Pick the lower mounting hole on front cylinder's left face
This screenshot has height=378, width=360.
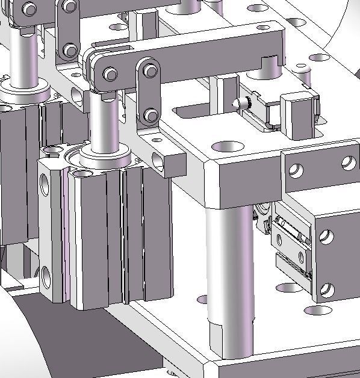coord(47,277)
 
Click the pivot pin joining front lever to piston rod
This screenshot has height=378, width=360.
coord(110,74)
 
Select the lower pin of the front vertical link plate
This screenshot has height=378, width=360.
coord(151,115)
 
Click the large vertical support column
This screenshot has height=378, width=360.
coord(229,277)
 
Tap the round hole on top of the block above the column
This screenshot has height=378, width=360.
coord(228,146)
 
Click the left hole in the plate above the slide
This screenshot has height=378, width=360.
coord(296,170)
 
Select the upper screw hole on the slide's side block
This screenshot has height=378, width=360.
coord(327,236)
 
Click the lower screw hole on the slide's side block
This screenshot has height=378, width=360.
coord(326,291)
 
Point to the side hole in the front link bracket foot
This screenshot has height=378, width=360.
coord(159,160)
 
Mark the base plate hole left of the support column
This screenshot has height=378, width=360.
coord(203,298)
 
